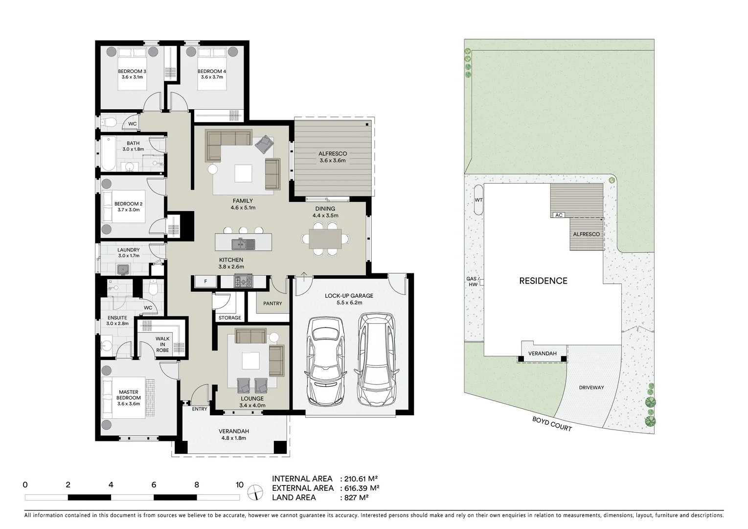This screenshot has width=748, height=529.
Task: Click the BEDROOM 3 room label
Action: [132, 72]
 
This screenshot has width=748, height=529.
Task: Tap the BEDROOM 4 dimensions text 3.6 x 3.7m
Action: [211, 77]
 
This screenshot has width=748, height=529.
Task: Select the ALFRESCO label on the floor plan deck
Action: [333, 154]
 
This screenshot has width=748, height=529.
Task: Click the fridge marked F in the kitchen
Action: [205, 282]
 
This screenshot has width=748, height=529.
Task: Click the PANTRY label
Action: [272, 304]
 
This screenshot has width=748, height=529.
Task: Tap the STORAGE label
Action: [229, 318]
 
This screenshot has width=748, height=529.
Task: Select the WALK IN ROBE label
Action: [162, 344]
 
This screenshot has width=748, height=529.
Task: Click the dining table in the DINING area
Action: [325, 239]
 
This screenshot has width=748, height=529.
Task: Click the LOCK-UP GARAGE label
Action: [349, 296]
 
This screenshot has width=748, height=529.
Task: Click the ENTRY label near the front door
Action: [199, 409]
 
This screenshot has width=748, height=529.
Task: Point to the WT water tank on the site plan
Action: [478, 200]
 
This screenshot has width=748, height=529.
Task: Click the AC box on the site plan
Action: [558, 215]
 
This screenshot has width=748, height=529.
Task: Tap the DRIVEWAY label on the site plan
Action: [591, 387]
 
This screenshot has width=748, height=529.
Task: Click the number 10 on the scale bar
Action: [239, 485]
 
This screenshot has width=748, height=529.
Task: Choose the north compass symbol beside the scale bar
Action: [255, 492]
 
